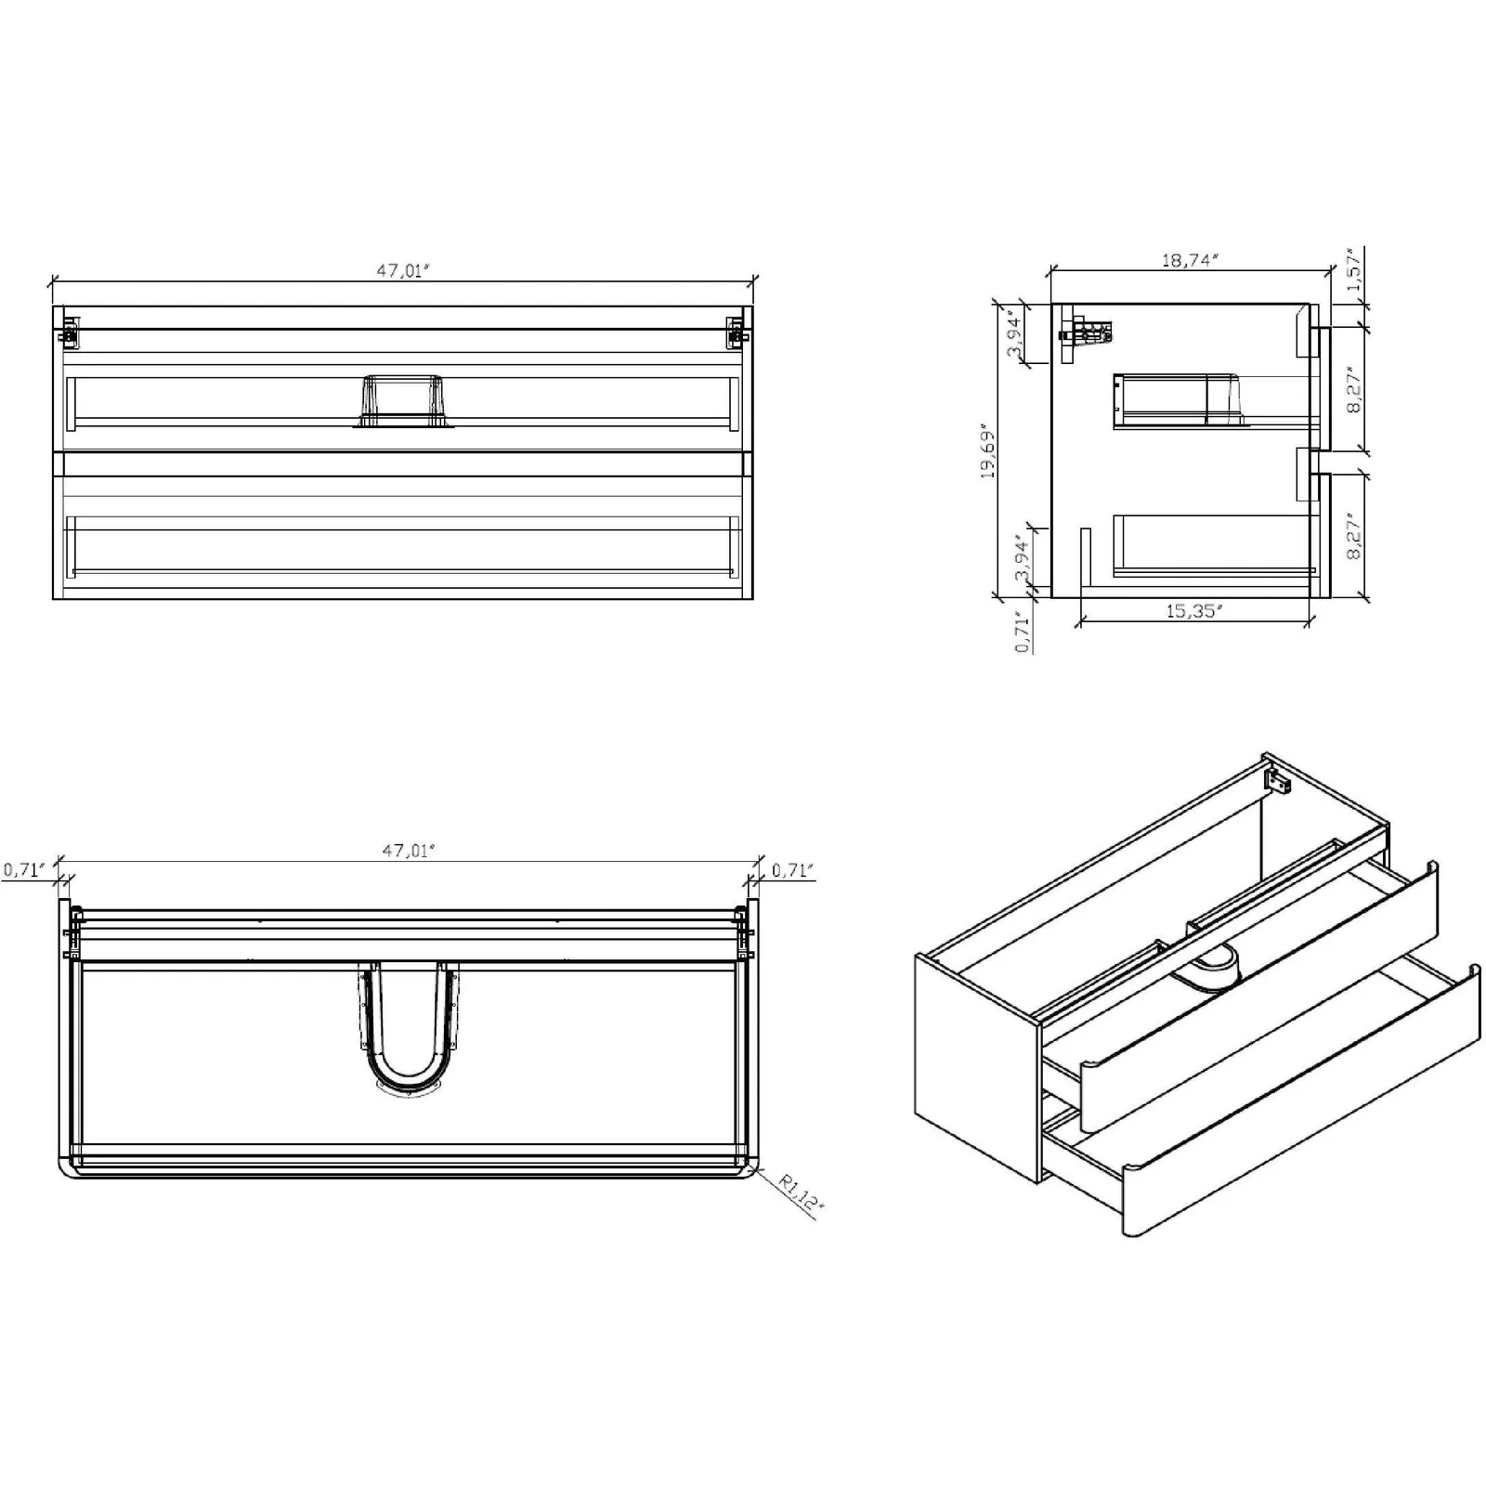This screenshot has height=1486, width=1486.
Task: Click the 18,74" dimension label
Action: click(x=1190, y=260)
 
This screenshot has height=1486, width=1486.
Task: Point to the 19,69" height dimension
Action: click(x=987, y=451)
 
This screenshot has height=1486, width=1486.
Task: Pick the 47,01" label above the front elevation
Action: click(x=405, y=270)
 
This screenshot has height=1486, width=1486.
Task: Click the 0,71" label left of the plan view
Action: click(x=24, y=870)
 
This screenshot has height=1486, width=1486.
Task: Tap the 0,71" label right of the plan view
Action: click(x=793, y=870)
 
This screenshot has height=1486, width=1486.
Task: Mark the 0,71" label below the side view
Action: click(x=1023, y=632)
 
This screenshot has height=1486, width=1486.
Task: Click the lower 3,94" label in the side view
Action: click(x=1023, y=557)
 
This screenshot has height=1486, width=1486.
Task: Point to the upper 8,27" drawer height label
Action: click(x=1355, y=393)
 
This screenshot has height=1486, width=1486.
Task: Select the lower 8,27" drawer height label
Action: click(x=1355, y=537)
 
